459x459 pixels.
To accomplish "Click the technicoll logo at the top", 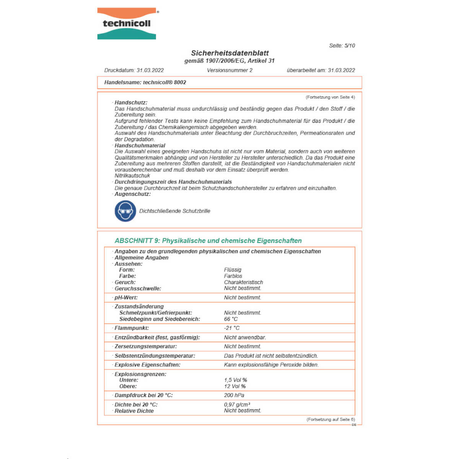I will point(127,23).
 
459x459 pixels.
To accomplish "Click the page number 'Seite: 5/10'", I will point(342,46).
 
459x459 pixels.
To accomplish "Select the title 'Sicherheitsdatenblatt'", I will point(229,53).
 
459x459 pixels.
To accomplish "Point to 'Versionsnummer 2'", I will point(229,70).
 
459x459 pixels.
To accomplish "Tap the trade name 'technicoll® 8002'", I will point(164,82).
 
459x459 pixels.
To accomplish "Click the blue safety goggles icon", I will point(125,211).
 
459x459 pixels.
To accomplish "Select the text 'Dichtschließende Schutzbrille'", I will point(174,211).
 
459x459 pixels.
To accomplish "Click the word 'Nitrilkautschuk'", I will point(132,176).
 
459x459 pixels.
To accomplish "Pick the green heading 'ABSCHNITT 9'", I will point(137,241).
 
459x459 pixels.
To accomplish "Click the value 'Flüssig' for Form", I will point(233,270).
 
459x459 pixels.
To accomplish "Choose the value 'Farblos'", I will point(233,276).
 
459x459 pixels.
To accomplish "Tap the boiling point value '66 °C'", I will point(231,319).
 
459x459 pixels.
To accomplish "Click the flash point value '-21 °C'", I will point(232,328).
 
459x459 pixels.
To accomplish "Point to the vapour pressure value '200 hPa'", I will point(234,396).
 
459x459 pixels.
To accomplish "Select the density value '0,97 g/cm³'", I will point(237,405).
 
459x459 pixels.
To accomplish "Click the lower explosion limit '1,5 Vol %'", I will point(235,380).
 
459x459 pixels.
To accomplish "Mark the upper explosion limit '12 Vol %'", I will point(235,386).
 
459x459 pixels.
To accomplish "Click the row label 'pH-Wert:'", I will point(126,298).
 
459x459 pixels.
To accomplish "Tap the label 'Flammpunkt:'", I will point(132,328).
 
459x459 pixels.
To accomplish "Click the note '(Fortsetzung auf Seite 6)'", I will point(330,420).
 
